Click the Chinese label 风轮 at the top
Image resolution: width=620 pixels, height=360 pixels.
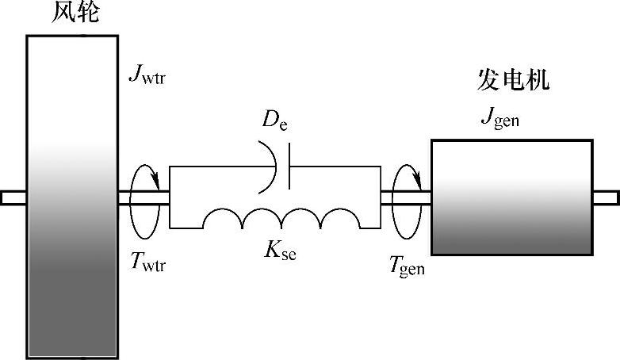(75, 12)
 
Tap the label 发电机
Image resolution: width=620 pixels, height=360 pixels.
(513, 79)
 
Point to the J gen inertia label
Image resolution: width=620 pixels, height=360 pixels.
(500, 117)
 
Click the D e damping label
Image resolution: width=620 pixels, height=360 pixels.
(275, 119)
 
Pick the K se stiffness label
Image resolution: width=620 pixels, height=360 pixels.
(280, 251)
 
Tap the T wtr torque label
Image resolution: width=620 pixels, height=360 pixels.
(148, 262)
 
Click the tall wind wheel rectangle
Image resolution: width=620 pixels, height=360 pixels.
(72, 197)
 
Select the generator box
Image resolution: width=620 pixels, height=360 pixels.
(512, 197)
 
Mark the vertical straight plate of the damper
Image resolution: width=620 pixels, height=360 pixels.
(289, 167)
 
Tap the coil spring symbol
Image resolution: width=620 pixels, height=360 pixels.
(281, 218)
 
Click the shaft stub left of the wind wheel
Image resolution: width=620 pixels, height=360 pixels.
(13, 197)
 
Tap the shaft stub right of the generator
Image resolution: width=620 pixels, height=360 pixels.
(607, 197)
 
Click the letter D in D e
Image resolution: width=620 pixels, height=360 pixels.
(270, 118)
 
